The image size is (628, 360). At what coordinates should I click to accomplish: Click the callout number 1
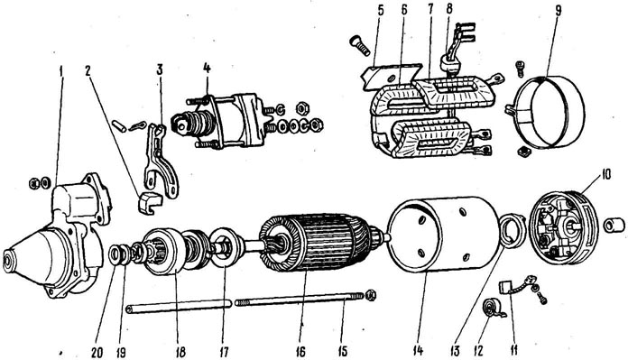pyautogui.click(x=60, y=71)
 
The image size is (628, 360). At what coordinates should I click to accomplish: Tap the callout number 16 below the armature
pyautogui.click(x=300, y=352)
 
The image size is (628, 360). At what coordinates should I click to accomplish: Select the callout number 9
pyautogui.click(x=558, y=11)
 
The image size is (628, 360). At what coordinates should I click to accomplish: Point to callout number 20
pyautogui.click(x=97, y=353)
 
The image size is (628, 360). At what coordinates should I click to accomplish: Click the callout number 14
pyautogui.click(x=418, y=351)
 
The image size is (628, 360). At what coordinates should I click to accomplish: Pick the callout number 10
pyautogui.click(x=605, y=175)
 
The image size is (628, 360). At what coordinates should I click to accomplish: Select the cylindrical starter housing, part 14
pyautogui.click(x=444, y=236)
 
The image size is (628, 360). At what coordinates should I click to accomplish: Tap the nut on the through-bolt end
pyautogui.click(x=371, y=296)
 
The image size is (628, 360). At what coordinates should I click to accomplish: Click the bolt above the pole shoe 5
pyautogui.click(x=361, y=44)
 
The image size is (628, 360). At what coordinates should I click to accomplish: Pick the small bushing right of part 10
pyautogui.click(x=614, y=225)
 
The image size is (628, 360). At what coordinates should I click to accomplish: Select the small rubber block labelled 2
pyautogui.click(x=149, y=203)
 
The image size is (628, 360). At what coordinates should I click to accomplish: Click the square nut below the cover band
pyautogui.click(x=523, y=152)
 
